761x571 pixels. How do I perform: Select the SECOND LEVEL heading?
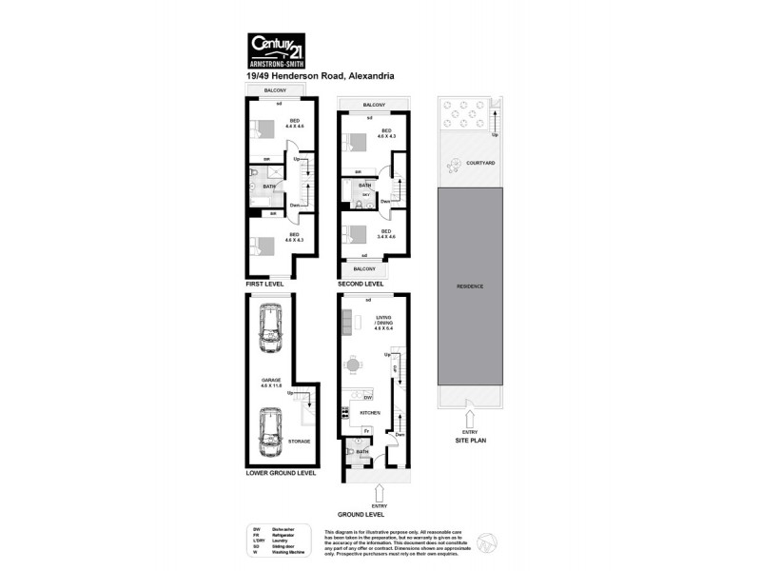[361, 284]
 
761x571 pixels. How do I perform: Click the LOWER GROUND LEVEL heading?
[279, 472]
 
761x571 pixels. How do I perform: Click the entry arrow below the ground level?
[380, 493]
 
